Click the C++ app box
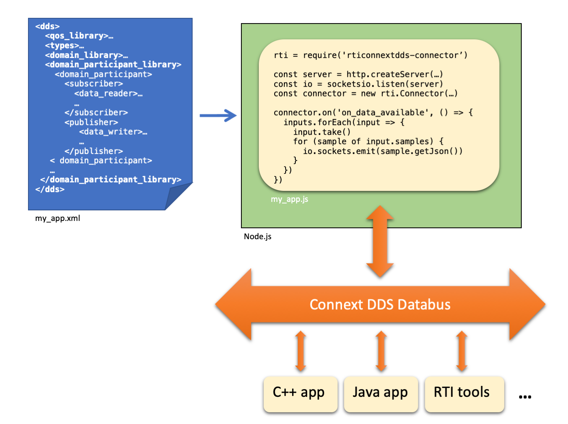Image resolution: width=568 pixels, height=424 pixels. point(300,393)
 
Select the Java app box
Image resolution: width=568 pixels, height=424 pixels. point(381,393)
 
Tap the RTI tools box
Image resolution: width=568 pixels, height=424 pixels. point(464,393)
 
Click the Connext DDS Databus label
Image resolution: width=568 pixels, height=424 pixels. point(380,305)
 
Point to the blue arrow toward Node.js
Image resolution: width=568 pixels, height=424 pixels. point(218,116)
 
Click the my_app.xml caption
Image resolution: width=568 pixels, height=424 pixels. point(58,218)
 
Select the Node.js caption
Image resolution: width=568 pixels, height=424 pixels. point(258,236)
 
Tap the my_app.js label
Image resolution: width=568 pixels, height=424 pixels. point(289,199)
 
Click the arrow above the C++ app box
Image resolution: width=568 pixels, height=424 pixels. point(301,351)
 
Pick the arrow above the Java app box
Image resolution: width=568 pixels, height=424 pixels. point(381,351)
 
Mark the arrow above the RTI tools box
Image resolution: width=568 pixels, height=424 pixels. point(462,351)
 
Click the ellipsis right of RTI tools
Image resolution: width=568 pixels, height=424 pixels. point(525,397)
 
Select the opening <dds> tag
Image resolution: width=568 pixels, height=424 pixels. point(47,26)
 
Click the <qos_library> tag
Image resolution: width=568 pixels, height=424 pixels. point(79,36)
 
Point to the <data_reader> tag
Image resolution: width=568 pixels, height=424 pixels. point(108,94)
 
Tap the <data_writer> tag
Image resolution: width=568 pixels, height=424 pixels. point(113,132)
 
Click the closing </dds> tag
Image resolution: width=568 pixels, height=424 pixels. point(50,189)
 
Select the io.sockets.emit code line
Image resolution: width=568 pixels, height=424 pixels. point(383,151)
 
